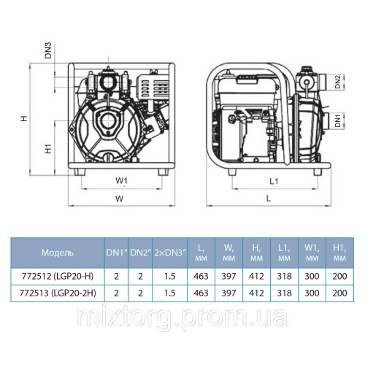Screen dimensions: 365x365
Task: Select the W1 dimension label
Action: click(121, 179)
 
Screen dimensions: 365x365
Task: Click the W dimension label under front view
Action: click(121, 197)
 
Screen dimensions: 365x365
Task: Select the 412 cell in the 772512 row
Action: click(255, 277)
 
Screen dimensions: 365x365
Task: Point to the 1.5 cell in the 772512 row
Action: click(169, 277)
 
